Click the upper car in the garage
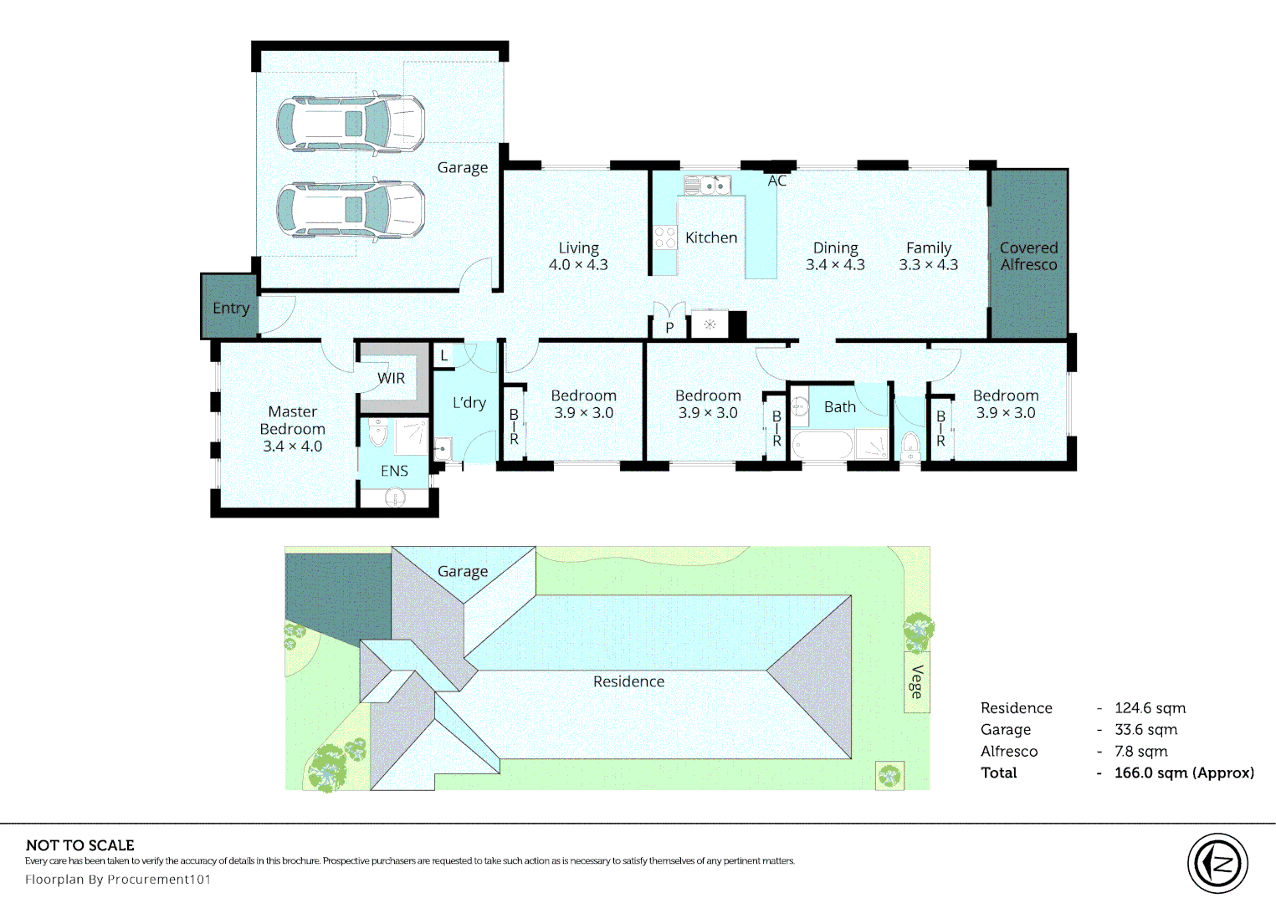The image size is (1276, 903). click(x=351, y=124)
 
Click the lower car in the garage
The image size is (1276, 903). click(x=351, y=209)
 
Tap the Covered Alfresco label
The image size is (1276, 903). click(x=1028, y=256)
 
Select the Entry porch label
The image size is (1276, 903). click(x=231, y=308)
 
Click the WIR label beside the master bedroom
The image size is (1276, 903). click(x=391, y=378)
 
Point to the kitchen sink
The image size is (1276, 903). click(x=707, y=185)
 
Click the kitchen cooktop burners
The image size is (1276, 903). click(x=665, y=237)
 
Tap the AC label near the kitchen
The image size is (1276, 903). click(x=776, y=181)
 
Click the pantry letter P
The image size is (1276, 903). click(x=669, y=328)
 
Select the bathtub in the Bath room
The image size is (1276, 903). click(x=822, y=444)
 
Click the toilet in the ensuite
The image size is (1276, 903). click(x=378, y=434)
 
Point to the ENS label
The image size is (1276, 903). click(x=394, y=471)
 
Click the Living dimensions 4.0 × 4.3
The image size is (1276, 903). click(x=578, y=265)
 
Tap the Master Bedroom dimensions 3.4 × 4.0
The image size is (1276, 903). click(x=292, y=446)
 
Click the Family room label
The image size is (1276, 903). click(x=929, y=247)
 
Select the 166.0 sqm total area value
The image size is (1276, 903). click(x=1183, y=773)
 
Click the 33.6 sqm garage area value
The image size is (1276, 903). click(x=1145, y=729)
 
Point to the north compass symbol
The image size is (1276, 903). click(x=1217, y=863)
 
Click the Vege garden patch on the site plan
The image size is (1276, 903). click(x=917, y=682)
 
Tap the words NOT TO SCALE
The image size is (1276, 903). click(x=80, y=845)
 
